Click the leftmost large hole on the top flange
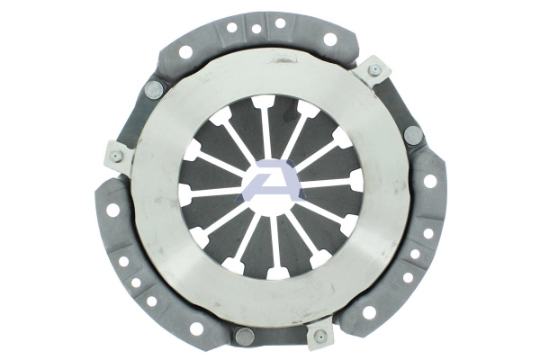186,52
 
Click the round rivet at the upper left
153,89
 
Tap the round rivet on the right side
413,136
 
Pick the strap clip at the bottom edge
319,337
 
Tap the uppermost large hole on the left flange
112,210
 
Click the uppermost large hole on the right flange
429,180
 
